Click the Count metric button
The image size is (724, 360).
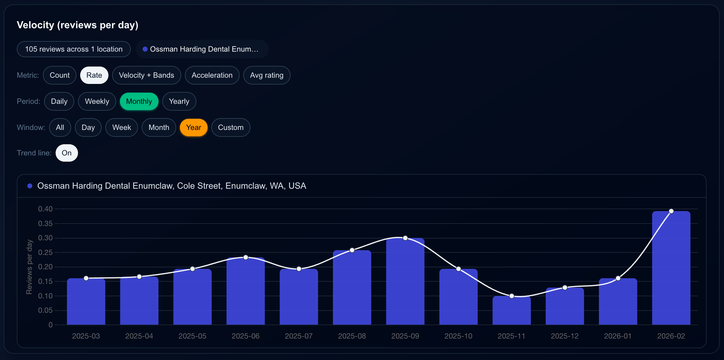pos(60,75)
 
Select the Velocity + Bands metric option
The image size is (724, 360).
pos(146,75)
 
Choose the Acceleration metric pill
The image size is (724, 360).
pos(212,75)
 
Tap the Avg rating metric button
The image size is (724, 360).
pos(267,75)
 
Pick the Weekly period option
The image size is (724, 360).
pos(97,101)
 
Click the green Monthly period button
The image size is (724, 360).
pos(139,101)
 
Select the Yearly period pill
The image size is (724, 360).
pos(179,101)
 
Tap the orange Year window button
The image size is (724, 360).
pos(194,127)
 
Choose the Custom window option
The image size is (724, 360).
pos(231,127)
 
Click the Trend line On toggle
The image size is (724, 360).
pos(66,153)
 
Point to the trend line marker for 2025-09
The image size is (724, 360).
pos(405,238)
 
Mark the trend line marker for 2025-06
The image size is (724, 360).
pos(246,257)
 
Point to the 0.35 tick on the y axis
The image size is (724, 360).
pos(45,224)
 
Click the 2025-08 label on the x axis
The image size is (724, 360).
pos(352,336)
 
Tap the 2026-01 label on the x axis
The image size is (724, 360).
pos(618,336)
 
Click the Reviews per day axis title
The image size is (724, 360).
pos(29,267)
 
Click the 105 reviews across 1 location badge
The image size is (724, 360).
pos(74,49)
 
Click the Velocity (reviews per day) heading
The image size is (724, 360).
pos(77,25)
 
